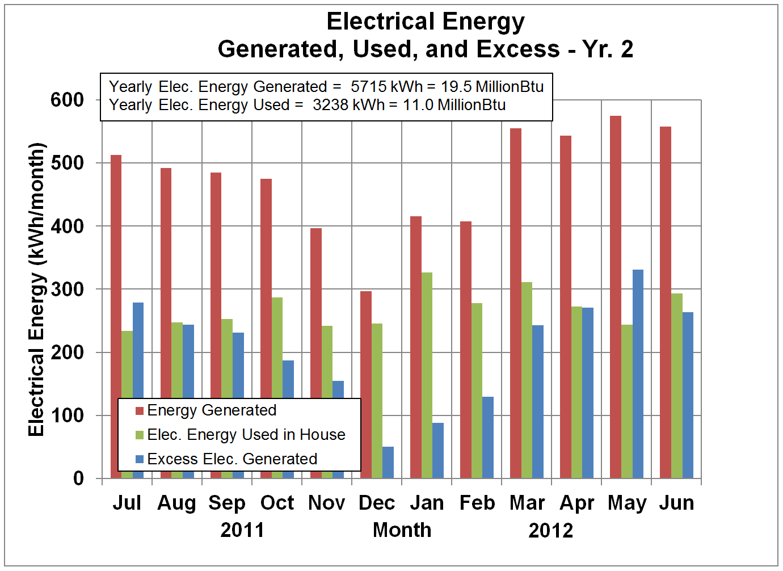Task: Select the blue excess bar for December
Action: [x=388, y=463]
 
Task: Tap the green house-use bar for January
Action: [x=427, y=375]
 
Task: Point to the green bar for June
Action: [x=677, y=386]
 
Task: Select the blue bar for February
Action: [x=488, y=437]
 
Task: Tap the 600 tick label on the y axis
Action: [x=67, y=100]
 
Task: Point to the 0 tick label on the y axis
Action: [x=78, y=478]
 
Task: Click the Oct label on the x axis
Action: [x=277, y=503]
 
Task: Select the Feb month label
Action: [x=477, y=503]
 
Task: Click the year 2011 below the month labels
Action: [x=242, y=530]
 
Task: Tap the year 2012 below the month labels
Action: [x=550, y=530]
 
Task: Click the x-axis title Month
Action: [x=402, y=530]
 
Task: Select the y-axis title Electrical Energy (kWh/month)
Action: [x=36, y=289]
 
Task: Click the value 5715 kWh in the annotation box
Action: [x=386, y=87]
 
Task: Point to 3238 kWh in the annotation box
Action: [x=348, y=105]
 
